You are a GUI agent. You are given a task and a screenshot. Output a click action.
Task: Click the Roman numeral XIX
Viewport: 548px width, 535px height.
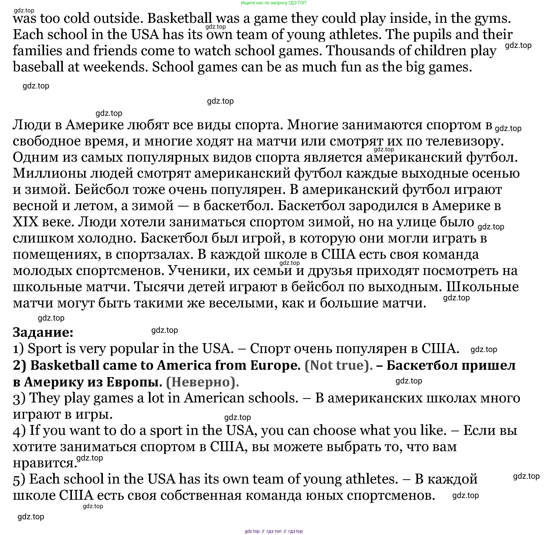[25, 222]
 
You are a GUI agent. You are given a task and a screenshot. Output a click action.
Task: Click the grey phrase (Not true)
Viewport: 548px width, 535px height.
[339, 365]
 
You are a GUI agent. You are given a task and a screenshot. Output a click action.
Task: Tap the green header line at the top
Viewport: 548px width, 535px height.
[274, 3]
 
